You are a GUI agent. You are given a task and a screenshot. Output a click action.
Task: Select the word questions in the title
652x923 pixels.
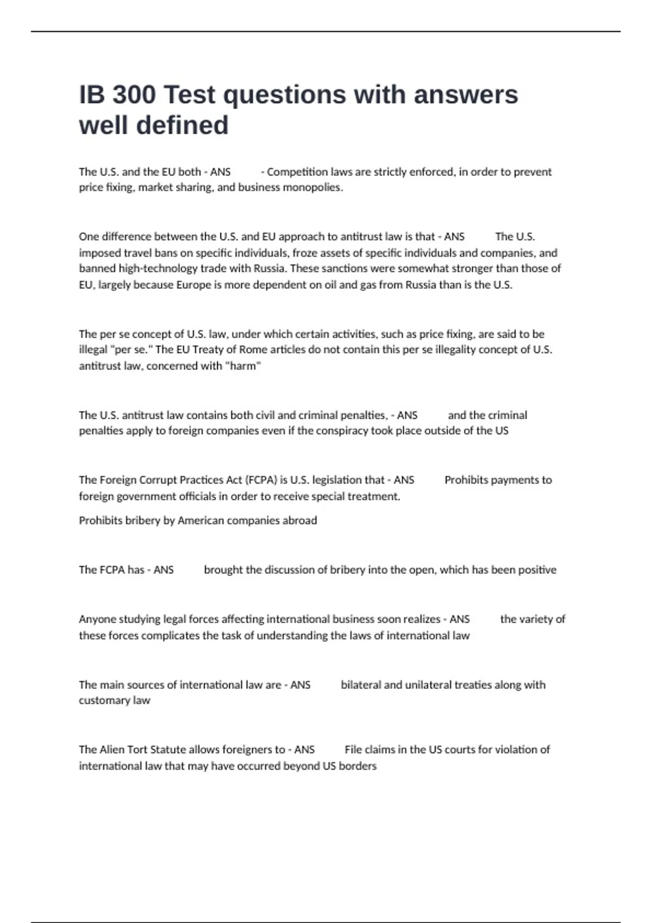(285, 94)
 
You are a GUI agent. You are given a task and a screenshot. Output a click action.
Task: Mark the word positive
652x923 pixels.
(536, 570)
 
